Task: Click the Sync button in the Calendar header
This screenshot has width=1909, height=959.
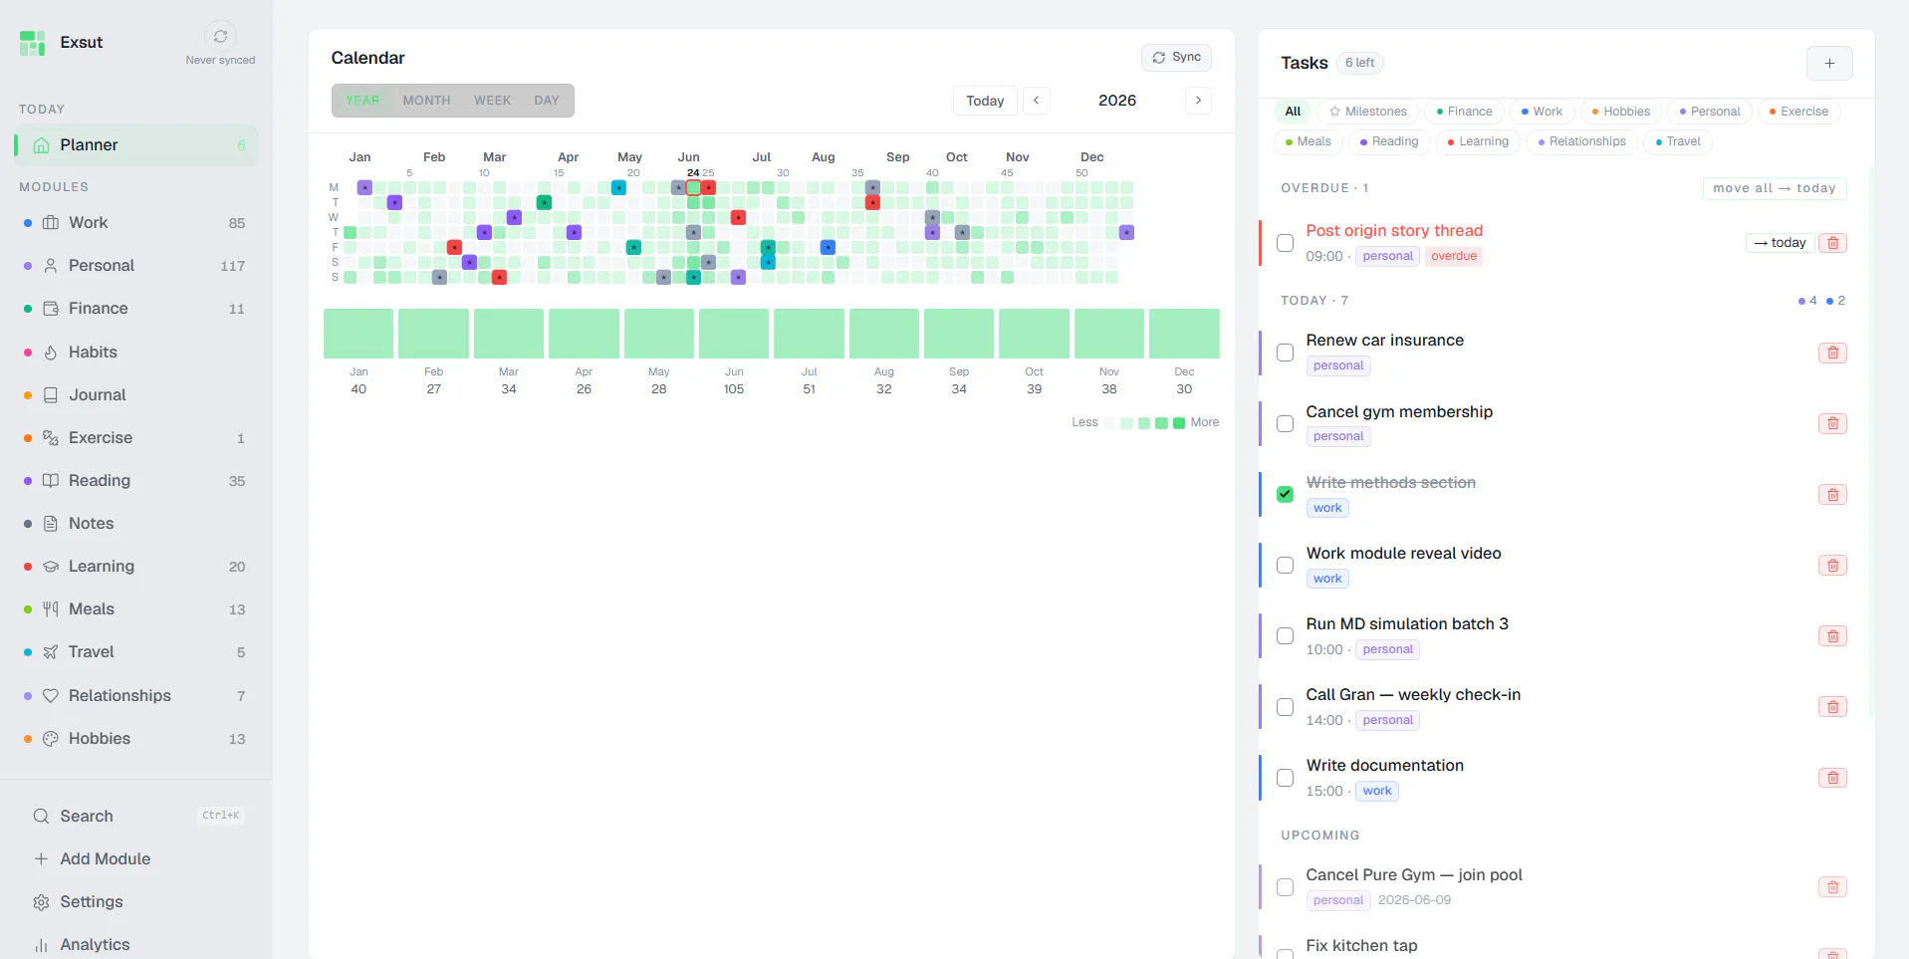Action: [1176, 58]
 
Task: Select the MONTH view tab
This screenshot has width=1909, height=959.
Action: [426, 101]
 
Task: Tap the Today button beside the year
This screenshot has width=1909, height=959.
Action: [985, 101]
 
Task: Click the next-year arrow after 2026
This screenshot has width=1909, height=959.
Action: [1198, 101]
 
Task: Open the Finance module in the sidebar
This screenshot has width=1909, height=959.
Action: [98, 309]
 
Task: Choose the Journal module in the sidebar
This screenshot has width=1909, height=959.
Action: [97, 394]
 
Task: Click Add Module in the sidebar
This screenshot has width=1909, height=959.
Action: [105, 858]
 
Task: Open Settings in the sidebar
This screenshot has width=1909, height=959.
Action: [91, 901]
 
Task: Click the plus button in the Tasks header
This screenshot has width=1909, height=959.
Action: [1829, 63]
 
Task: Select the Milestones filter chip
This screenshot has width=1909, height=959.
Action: [1368, 112]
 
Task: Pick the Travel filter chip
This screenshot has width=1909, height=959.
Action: [1678, 141]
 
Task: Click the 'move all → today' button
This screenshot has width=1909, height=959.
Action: [1775, 188]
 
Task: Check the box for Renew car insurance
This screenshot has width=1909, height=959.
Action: [1286, 353]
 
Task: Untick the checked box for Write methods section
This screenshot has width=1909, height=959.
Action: [1286, 494]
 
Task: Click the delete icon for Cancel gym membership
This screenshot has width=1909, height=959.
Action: [1832, 423]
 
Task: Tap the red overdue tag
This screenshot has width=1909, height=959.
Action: [1454, 256]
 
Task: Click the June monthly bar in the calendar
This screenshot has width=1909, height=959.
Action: [734, 334]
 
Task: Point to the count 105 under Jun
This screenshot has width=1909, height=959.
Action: [734, 389]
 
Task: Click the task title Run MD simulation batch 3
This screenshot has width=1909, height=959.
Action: [1407, 623]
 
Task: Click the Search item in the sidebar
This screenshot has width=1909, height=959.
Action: [87, 816]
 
